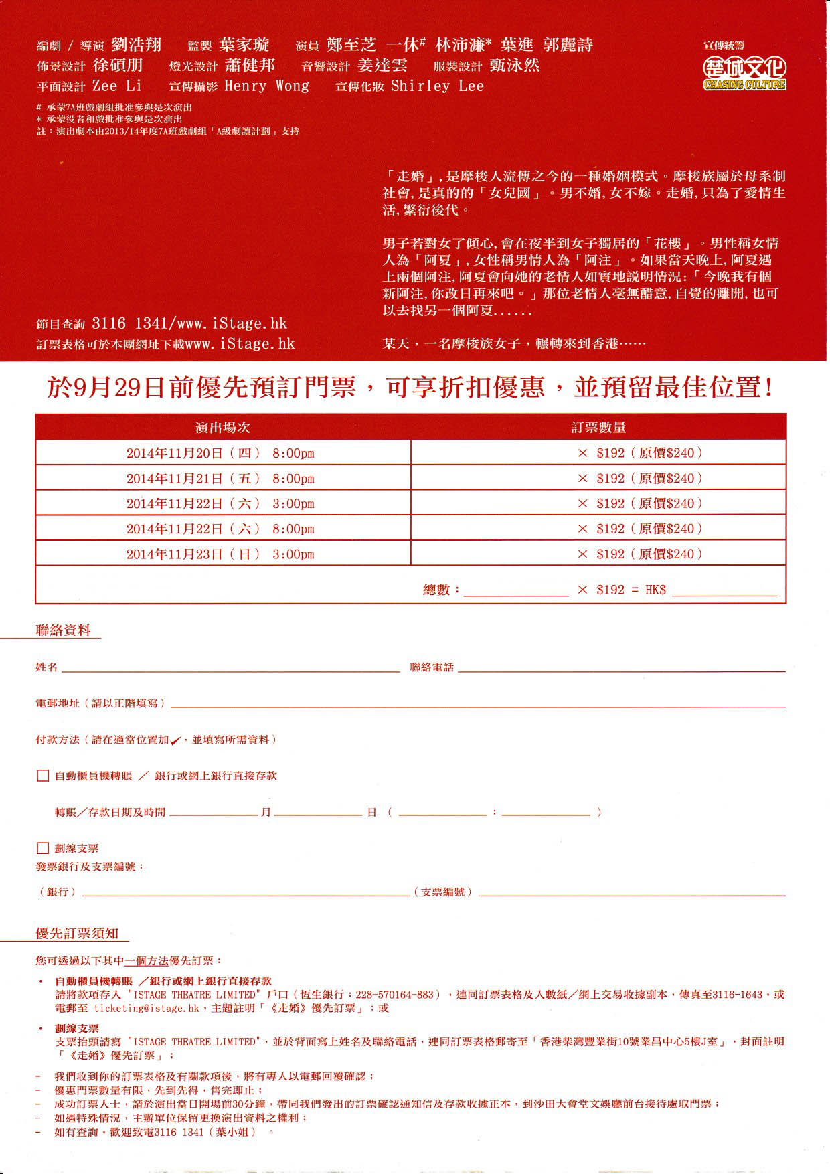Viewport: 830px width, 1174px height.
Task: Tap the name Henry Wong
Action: click(x=266, y=86)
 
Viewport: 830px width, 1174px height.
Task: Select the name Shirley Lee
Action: click(x=437, y=86)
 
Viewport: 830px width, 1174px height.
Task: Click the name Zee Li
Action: click(x=117, y=86)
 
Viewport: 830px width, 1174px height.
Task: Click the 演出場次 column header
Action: click(x=222, y=428)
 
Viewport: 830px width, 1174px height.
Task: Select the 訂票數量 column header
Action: click(x=598, y=428)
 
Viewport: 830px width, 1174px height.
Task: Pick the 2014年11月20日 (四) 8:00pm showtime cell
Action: click(x=220, y=453)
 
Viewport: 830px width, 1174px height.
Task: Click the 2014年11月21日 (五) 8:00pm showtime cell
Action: click(x=220, y=479)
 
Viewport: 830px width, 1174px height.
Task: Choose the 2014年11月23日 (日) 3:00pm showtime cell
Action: click(x=220, y=554)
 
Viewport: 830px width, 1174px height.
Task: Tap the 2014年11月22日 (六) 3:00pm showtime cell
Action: click(x=220, y=504)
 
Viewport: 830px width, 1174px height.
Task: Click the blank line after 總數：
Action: click(x=515, y=590)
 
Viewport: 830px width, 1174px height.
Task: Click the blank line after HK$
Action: click(x=725, y=590)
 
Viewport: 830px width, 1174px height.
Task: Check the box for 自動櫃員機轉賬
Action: click(x=43, y=776)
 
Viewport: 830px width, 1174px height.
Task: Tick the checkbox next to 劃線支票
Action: click(x=43, y=849)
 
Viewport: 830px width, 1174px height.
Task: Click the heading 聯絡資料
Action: click(x=63, y=631)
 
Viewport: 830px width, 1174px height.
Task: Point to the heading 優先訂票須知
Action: click(x=77, y=934)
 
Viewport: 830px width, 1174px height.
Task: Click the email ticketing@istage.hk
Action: click(x=147, y=1008)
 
